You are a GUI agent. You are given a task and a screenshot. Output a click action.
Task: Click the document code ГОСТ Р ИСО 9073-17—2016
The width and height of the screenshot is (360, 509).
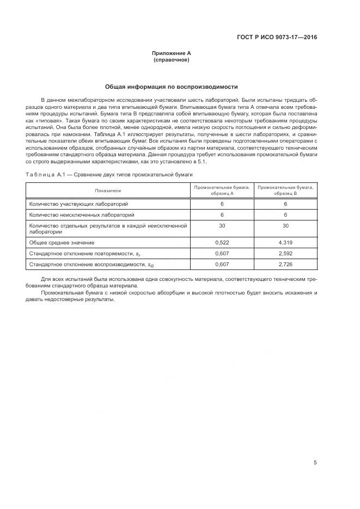click(277, 38)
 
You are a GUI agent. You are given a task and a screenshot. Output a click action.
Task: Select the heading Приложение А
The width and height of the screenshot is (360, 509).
click(171, 53)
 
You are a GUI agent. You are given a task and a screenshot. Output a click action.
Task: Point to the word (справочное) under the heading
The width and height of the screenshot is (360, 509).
click(171, 60)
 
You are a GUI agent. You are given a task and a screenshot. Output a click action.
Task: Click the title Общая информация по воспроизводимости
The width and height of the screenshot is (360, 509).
click(171, 87)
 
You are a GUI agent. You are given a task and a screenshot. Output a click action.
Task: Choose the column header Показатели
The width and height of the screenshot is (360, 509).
click(108, 191)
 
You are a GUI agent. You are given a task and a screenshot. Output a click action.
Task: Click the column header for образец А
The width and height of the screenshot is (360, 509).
click(223, 191)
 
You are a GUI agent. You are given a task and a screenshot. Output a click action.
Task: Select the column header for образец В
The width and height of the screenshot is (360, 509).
click(285, 191)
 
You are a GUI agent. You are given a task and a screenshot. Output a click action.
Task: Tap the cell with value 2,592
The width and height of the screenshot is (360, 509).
click(285, 253)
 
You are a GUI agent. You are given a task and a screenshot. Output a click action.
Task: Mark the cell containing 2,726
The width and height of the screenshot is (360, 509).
click(285, 264)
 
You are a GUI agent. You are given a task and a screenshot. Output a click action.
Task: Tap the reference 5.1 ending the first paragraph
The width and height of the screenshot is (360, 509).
click(202, 162)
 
